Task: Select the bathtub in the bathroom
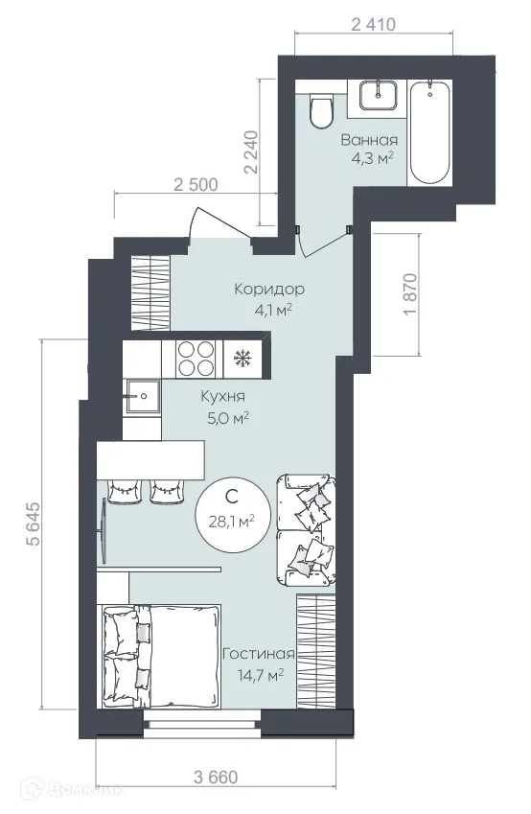point(430,133)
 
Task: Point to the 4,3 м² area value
point(373,158)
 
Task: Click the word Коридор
point(269,289)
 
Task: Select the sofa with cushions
point(306,529)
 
